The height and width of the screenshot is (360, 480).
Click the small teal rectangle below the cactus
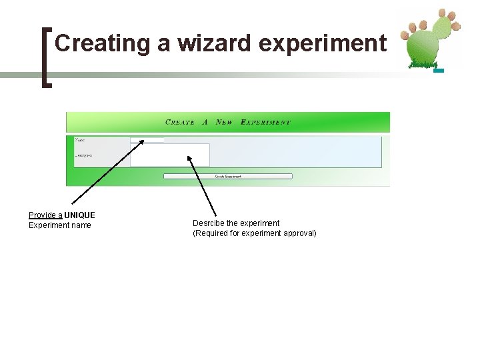pyautogui.click(x=439, y=70)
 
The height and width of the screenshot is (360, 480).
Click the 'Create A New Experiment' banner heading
pyautogui.click(x=227, y=123)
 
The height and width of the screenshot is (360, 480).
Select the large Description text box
pyautogui.click(x=169, y=155)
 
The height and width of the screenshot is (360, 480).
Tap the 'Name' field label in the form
pyautogui.click(x=80, y=140)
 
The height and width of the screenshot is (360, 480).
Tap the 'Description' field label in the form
pyautogui.click(x=83, y=155)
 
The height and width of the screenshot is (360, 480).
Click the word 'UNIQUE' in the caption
pyautogui.click(x=80, y=215)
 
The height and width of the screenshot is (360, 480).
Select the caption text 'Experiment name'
pyautogui.click(x=60, y=225)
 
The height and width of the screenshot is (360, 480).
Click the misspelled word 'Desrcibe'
pyautogui.click(x=208, y=223)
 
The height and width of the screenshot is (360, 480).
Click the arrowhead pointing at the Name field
pyautogui.click(x=141, y=142)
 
